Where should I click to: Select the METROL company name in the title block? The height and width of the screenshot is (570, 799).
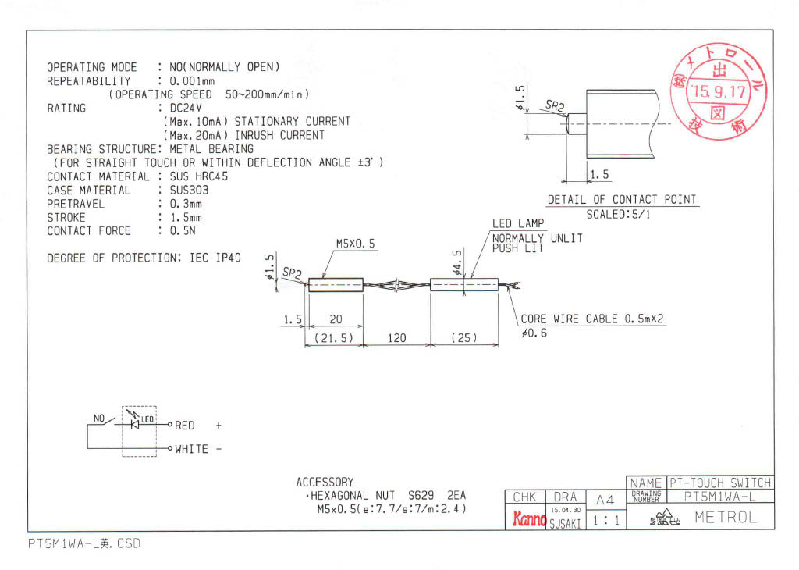(x=725, y=518)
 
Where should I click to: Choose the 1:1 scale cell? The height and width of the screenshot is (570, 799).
(x=605, y=519)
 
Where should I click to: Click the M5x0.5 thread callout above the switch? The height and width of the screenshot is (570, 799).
(x=356, y=244)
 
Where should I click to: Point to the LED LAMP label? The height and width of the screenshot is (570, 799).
(x=518, y=224)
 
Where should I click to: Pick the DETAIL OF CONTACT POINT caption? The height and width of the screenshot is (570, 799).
(x=621, y=200)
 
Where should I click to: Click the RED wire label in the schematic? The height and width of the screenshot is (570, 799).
(x=185, y=426)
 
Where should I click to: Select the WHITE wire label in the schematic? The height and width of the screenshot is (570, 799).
(x=192, y=449)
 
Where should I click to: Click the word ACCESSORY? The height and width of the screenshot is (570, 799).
(x=325, y=483)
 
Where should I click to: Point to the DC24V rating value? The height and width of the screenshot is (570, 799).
(x=180, y=108)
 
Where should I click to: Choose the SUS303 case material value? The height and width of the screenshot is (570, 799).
(x=183, y=190)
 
